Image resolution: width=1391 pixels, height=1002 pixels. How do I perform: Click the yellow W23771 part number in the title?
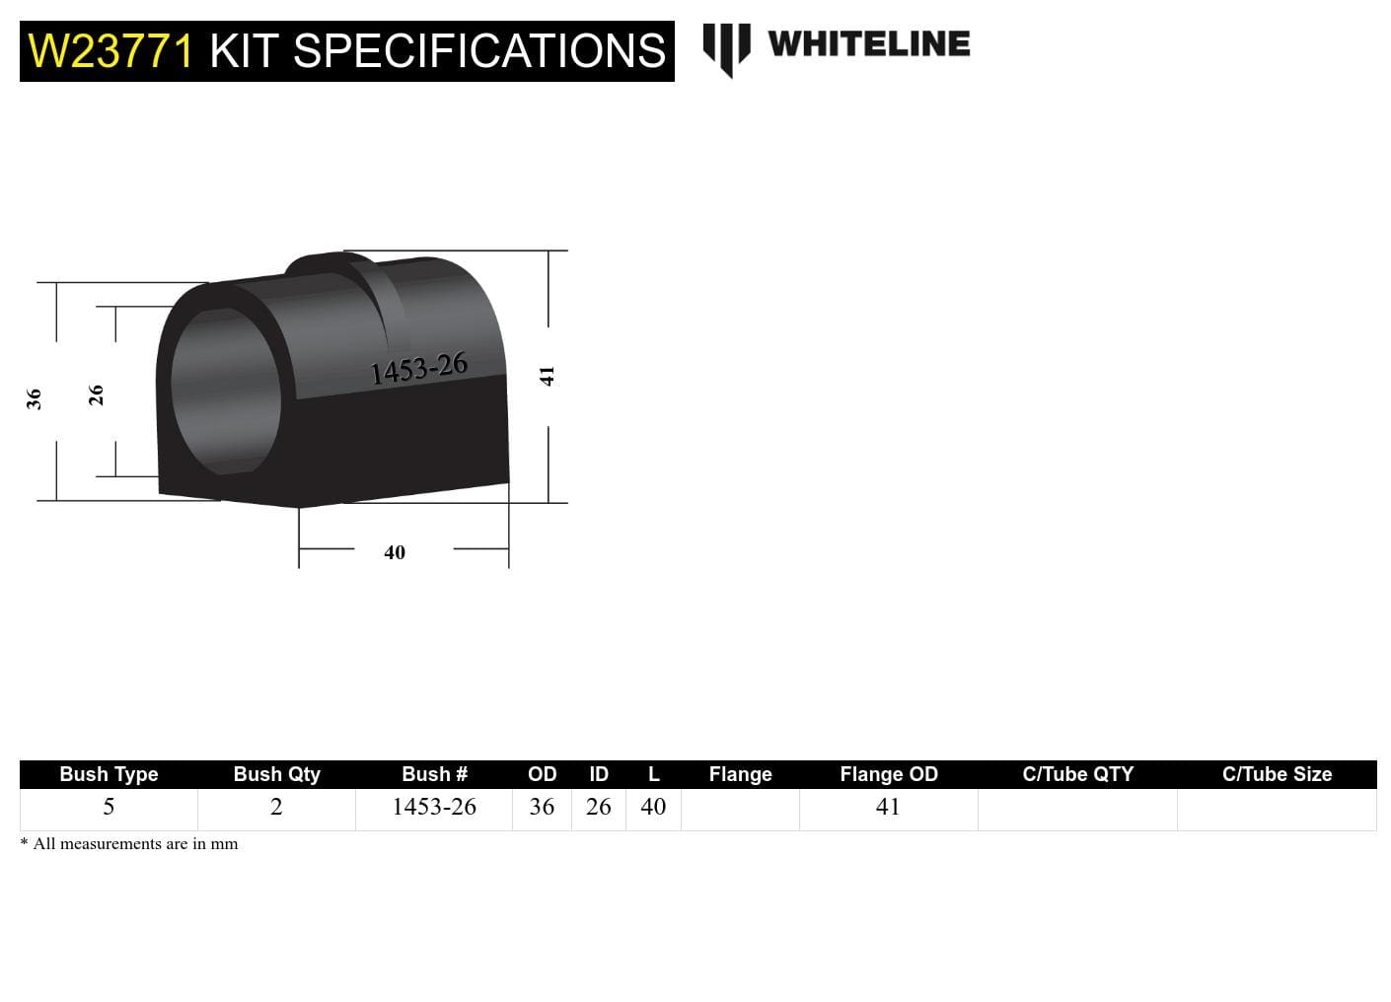(110, 51)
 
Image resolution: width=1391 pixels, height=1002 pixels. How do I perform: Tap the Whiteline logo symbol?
(726, 48)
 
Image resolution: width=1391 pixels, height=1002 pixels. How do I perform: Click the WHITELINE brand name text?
(868, 44)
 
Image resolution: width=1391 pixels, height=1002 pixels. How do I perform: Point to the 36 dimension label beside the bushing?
(35, 398)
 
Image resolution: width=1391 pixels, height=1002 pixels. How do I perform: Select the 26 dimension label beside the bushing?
(96, 394)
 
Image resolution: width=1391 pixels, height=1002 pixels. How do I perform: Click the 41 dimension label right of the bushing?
(548, 376)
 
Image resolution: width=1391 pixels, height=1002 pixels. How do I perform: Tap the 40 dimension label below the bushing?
(395, 552)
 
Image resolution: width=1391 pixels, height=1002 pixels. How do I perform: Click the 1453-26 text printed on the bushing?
(418, 369)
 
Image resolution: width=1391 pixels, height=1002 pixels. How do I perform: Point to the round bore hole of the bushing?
(225, 391)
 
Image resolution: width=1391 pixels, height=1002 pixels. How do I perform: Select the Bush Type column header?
(109, 774)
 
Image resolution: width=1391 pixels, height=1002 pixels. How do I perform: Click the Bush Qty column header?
(276, 774)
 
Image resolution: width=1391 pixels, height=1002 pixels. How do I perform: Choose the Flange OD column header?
(888, 774)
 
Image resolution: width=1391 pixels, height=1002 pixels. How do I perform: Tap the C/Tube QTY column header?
(1077, 774)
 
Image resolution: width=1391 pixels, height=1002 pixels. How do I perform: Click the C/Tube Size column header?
(1277, 774)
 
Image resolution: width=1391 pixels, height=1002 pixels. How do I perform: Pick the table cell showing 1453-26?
(434, 807)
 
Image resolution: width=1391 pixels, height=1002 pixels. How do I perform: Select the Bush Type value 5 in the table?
(109, 807)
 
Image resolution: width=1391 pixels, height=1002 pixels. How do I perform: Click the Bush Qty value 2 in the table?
(276, 807)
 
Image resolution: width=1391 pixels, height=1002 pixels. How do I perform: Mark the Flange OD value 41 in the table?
(888, 807)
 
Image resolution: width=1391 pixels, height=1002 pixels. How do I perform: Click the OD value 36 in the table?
(542, 807)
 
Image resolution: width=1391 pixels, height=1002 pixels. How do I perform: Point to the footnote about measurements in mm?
(129, 844)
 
